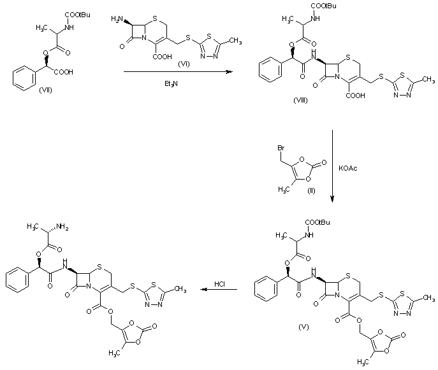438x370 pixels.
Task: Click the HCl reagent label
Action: coord(219,282)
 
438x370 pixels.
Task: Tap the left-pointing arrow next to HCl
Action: coord(219,291)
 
